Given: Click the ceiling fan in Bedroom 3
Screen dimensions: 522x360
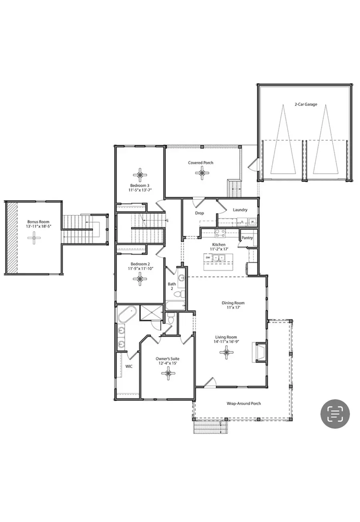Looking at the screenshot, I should [140, 174].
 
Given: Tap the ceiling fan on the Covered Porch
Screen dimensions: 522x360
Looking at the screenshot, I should [201, 173].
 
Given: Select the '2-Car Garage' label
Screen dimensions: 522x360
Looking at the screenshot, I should [306, 104].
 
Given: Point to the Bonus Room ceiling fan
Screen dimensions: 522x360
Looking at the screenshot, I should [34, 238].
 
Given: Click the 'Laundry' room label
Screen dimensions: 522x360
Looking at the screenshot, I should [240, 210].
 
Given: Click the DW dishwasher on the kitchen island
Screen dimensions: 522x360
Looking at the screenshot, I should [208, 258].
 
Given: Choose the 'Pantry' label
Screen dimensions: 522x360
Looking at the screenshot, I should [247, 238].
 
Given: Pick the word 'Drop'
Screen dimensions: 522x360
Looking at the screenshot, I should [199, 213].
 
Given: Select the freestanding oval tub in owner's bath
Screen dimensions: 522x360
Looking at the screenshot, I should [128, 315].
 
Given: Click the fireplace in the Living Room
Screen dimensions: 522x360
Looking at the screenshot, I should [260, 352].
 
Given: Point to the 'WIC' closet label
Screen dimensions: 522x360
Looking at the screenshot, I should [129, 366].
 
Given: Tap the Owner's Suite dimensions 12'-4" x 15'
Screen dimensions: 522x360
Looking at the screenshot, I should [167, 363].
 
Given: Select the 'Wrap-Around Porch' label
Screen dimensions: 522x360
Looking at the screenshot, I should [244, 403].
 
